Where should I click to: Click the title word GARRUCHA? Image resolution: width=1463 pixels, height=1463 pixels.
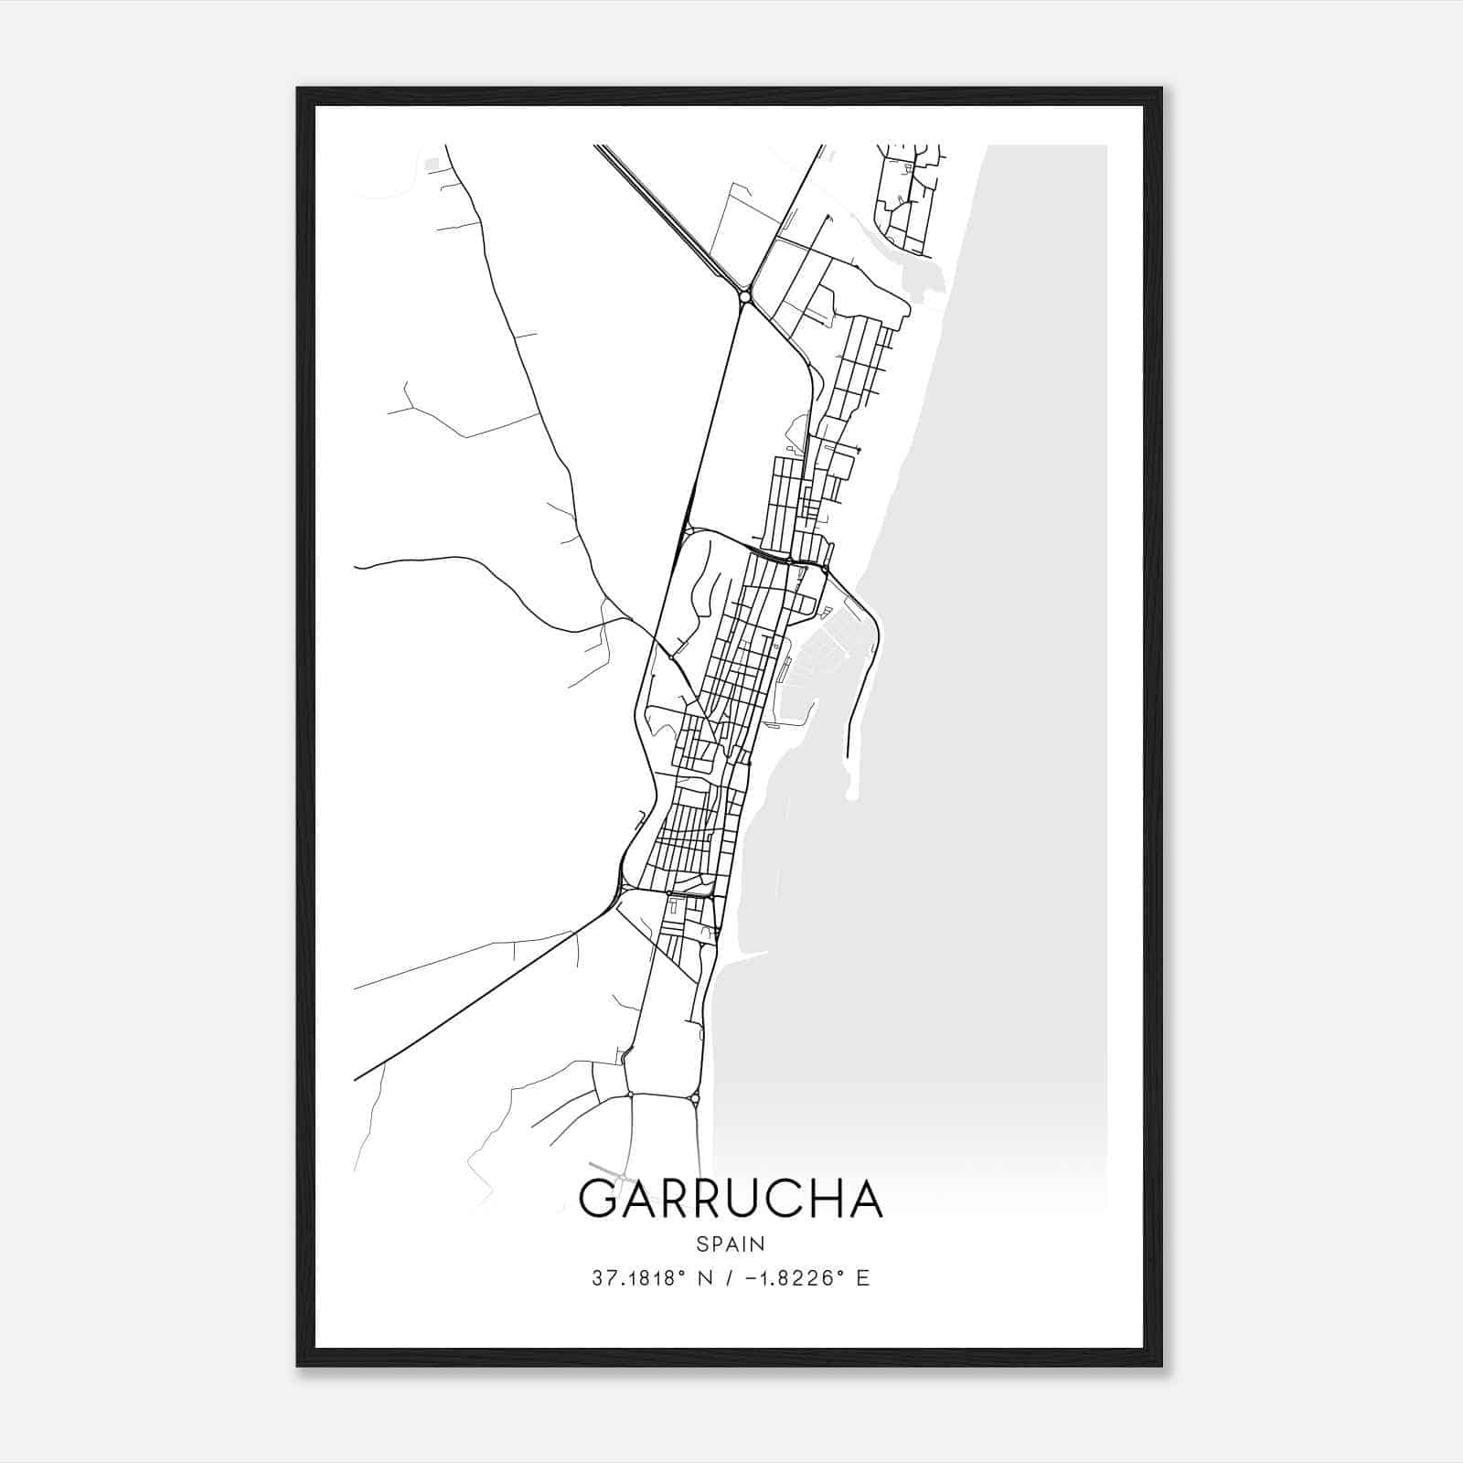click(731, 1200)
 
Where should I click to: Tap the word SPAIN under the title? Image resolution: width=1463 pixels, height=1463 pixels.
click(731, 1244)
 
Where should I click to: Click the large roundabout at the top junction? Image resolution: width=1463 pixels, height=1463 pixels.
click(745, 296)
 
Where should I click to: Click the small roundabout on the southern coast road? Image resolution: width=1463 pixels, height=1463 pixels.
click(695, 1098)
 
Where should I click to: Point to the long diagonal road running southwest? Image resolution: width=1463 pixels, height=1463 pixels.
click(475, 997)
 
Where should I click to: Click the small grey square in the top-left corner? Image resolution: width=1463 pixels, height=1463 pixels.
click(433, 165)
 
